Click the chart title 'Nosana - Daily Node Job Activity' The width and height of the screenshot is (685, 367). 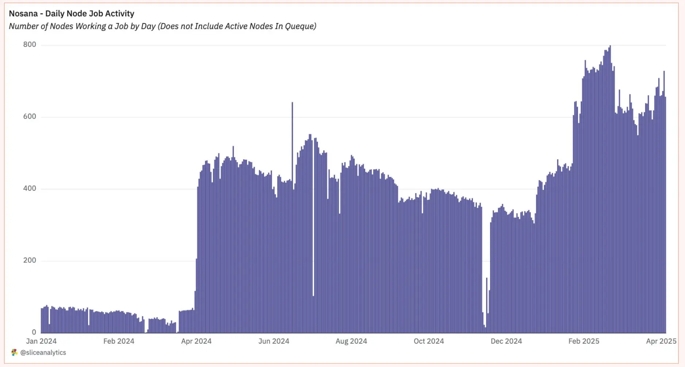[72, 13]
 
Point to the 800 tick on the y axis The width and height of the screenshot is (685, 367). [30, 45]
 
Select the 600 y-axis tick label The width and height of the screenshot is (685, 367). [30, 116]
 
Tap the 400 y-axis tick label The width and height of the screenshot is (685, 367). [30, 188]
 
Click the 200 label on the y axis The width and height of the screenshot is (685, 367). [30, 260]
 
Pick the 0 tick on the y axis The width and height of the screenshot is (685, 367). [34, 332]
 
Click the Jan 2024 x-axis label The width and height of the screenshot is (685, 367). [41, 341]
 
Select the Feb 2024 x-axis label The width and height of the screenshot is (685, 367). [119, 341]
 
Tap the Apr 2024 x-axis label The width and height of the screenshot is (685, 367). [196, 341]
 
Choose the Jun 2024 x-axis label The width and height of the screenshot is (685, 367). [273, 341]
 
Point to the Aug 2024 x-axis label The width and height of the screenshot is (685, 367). [351, 341]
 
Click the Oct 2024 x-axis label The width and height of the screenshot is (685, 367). [429, 341]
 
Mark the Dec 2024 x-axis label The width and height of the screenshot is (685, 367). [506, 341]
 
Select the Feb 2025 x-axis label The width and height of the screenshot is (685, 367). [583, 341]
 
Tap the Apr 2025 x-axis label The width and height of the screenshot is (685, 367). [661, 341]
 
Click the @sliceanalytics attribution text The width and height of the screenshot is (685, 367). [43, 352]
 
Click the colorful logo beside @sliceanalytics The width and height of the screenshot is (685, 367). [14, 352]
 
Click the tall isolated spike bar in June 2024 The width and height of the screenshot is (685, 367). [292, 146]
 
